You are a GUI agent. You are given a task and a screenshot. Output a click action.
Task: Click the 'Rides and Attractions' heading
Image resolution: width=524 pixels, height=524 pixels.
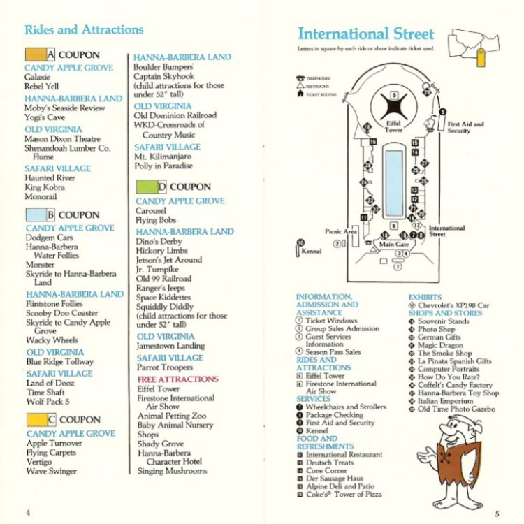84,30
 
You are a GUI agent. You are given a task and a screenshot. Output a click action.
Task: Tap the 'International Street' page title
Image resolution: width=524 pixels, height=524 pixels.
365,34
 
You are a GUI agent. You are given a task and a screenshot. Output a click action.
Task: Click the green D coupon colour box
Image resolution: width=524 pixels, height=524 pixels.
146,187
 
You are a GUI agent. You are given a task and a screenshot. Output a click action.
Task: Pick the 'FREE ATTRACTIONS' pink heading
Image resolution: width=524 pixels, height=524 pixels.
177,379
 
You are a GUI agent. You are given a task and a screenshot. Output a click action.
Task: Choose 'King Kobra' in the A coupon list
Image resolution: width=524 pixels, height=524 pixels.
45,188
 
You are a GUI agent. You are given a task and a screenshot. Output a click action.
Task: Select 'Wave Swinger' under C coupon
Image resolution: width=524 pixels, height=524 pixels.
52,472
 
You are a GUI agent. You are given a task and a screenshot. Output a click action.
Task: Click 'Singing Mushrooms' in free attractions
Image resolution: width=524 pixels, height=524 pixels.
172,471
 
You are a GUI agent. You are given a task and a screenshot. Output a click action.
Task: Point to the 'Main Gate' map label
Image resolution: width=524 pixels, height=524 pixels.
393,245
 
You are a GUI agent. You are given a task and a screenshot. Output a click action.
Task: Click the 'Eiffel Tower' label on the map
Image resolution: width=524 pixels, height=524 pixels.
394,126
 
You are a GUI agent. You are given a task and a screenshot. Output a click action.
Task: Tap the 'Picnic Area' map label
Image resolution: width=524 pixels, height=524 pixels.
341,231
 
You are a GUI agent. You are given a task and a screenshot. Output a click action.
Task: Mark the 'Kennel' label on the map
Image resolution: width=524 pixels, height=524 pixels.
312,252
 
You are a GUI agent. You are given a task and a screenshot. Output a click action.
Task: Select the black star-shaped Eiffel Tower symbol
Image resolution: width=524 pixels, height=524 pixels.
394,106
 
